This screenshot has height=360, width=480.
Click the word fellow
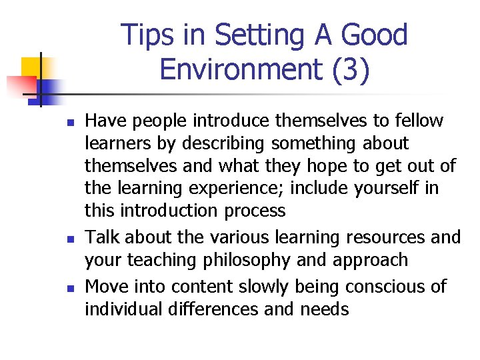[418, 121]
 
